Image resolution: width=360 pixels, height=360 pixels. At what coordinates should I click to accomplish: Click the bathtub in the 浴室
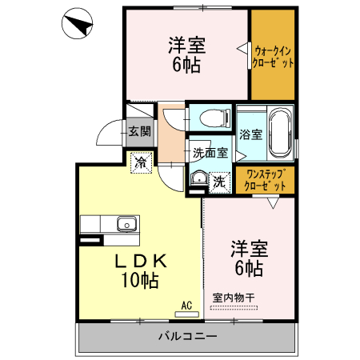(278, 132)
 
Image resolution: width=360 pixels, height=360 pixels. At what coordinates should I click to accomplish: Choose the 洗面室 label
(210, 151)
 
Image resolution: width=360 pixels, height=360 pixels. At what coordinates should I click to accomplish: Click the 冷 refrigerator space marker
(140, 163)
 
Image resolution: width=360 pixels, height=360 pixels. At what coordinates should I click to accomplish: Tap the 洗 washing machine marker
(218, 182)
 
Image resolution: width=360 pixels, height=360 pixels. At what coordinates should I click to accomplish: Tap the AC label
(186, 305)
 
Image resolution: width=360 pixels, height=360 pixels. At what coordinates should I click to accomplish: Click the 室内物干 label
(234, 298)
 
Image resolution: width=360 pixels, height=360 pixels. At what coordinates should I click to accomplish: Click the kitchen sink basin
(126, 222)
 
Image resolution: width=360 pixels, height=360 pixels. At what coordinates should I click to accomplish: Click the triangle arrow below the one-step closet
(273, 203)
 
